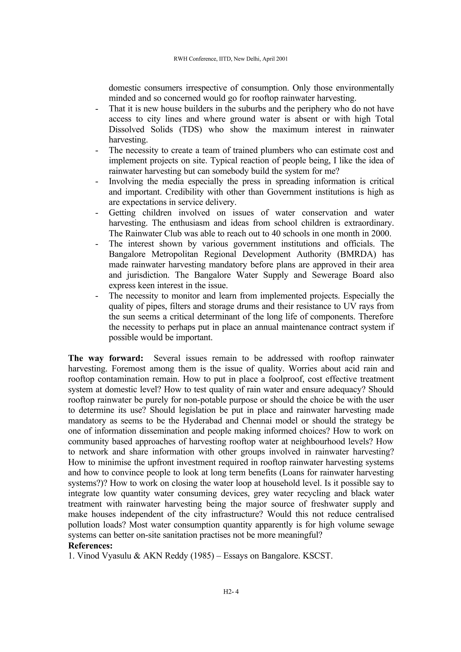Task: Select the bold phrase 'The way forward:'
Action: click(x=106, y=358)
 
